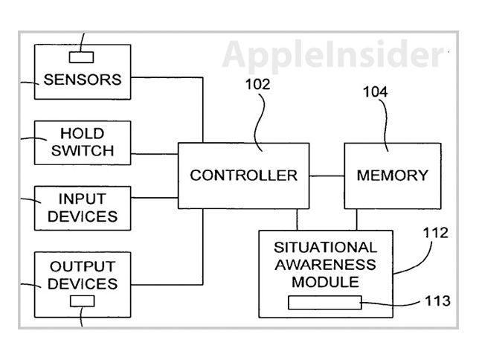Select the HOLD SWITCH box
(x=83, y=143)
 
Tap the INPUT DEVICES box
(x=83, y=208)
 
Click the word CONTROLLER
(x=243, y=176)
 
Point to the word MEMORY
(x=392, y=176)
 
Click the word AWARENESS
(x=325, y=265)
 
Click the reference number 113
(x=437, y=301)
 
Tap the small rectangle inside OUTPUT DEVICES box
(x=82, y=301)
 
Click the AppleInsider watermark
(x=330, y=54)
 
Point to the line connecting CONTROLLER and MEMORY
(x=326, y=176)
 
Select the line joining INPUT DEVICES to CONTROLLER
(x=154, y=198)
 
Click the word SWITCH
(x=87, y=151)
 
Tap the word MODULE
(x=325, y=282)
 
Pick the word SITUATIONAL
(x=325, y=247)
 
